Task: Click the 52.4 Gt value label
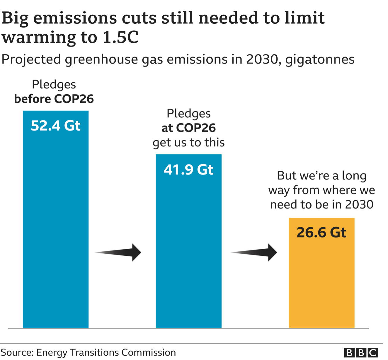(x=55, y=126)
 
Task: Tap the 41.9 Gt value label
(x=188, y=170)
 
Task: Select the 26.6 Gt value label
(x=321, y=233)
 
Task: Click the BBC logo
(x=361, y=352)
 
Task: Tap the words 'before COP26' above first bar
(x=54, y=99)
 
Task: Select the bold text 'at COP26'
(x=188, y=128)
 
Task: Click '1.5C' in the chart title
(x=120, y=37)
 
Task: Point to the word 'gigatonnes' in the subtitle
(x=320, y=59)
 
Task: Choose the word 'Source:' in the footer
(x=17, y=352)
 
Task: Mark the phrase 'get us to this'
(x=188, y=143)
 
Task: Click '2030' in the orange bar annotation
(x=359, y=204)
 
